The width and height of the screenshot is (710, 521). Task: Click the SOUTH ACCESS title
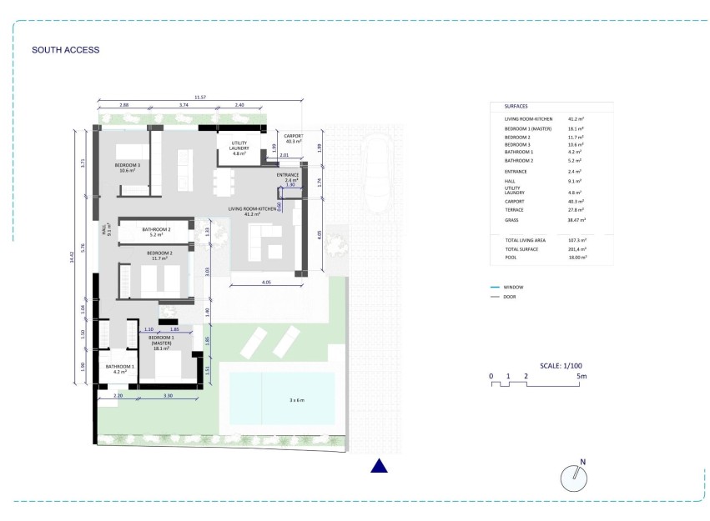tap(65, 50)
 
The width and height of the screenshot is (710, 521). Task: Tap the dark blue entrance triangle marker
tap(380, 466)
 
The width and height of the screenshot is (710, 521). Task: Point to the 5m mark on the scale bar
tap(582, 376)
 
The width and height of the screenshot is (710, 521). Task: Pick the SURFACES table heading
tap(517, 107)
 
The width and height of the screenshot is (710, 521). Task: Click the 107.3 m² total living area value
tap(577, 240)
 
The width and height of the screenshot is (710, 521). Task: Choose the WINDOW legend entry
tap(512, 286)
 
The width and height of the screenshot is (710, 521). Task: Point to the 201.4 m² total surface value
tap(577, 249)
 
